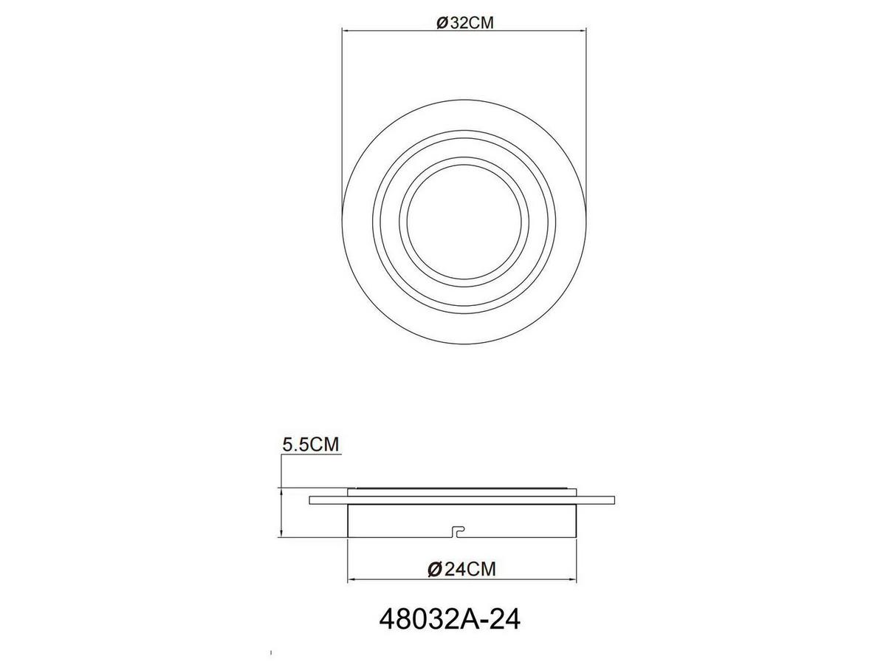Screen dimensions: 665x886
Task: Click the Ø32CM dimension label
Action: [x=464, y=22]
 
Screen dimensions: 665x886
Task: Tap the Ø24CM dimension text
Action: [x=461, y=569]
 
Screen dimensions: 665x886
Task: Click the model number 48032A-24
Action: [x=449, y=619]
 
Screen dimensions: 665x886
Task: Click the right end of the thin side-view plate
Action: [x=613, y=500]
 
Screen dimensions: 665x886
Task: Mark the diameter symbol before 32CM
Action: [x=440, y=23]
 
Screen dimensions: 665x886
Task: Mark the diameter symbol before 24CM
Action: [x=435, y=569]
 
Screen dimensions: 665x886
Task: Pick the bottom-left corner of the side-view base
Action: [x=348, y=537]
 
